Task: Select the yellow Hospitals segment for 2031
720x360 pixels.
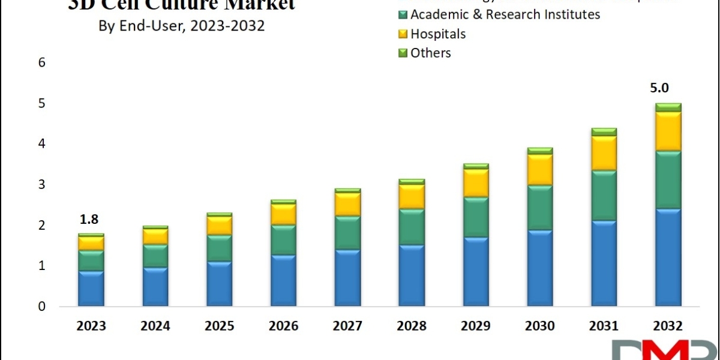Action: point(604,154)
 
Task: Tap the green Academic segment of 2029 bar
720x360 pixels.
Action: point(475,217)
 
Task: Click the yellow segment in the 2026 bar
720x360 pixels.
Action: point(283,214)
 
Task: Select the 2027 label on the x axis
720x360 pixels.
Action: point(347,326)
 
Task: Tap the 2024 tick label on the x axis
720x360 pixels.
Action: point(155,326)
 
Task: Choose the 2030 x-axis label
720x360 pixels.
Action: point(539,326)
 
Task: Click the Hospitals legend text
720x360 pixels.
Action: point(438,34)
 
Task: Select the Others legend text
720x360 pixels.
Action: point(431,53)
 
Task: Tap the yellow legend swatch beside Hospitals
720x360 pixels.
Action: point(403,34)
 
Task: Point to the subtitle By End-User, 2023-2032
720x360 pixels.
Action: point(181,27)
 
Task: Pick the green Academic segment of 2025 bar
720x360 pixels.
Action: point(220,248)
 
